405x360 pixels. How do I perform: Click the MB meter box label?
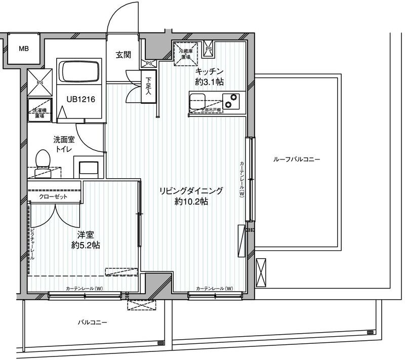click(x=23, y=49)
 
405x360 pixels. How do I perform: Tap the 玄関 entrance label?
click(x=124, y=54)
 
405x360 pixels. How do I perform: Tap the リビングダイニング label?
click(x=192, y=190)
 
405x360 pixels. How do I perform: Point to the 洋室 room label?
click(x=85, y=235)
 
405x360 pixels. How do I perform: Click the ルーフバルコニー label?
click(x=297, y=159)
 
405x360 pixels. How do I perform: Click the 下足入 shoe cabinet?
click(x=148, y=88)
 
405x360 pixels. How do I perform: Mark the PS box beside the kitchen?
click(x=209, y=50)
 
